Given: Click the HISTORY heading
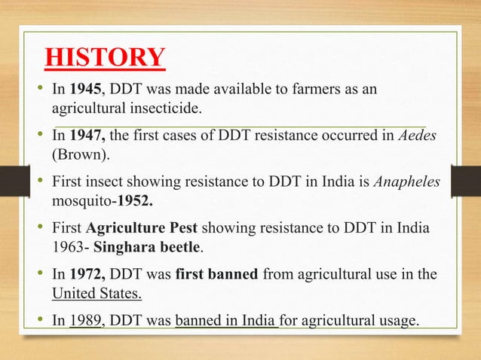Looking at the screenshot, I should click(105, 58).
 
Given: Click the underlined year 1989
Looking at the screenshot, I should click(85, 322).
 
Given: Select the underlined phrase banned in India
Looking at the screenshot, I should click(226, 322).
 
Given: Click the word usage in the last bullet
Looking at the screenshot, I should click(394, 322).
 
